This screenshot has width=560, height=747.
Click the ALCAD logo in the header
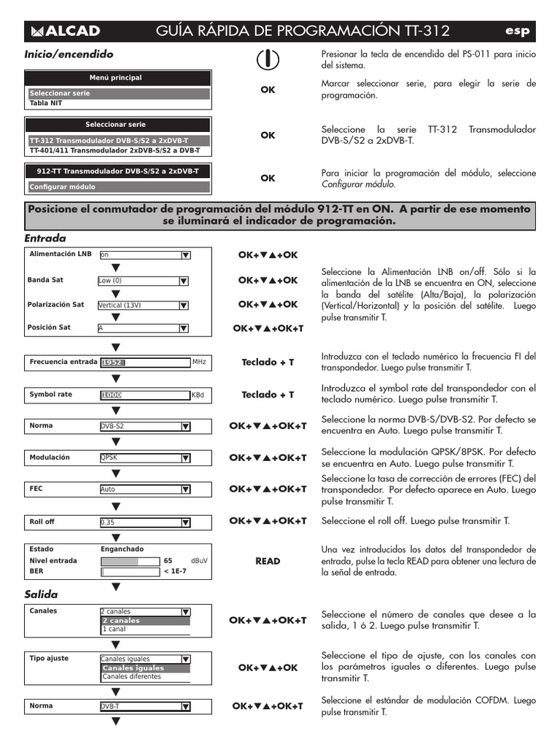[x=65, y=31]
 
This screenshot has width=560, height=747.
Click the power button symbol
[x=268, y=61]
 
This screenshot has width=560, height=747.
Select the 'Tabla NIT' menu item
[x=46, y=104]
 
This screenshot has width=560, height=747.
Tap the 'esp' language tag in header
[x=517, y=31]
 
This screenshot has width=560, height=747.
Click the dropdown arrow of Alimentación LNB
[x=185, y=255]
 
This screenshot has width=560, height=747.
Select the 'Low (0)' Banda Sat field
[x=138, y=281]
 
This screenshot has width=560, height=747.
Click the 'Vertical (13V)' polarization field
[x=138, y=305]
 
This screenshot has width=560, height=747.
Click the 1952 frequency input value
[x=112, y=362]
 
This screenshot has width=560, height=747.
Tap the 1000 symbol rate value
[x=112, y=395]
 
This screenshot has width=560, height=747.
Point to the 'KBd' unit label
[x=198, y=395]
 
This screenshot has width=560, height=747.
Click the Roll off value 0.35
[x=138, y=522]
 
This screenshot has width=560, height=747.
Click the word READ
[x=268, y=561]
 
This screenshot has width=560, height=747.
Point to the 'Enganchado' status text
[x=122, y=549]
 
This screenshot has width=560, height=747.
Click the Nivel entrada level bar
[x=128, y=561]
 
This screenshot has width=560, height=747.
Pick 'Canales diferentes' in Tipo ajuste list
[x=132, y=676]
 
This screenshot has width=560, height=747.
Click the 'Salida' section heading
[x=41, y=595]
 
